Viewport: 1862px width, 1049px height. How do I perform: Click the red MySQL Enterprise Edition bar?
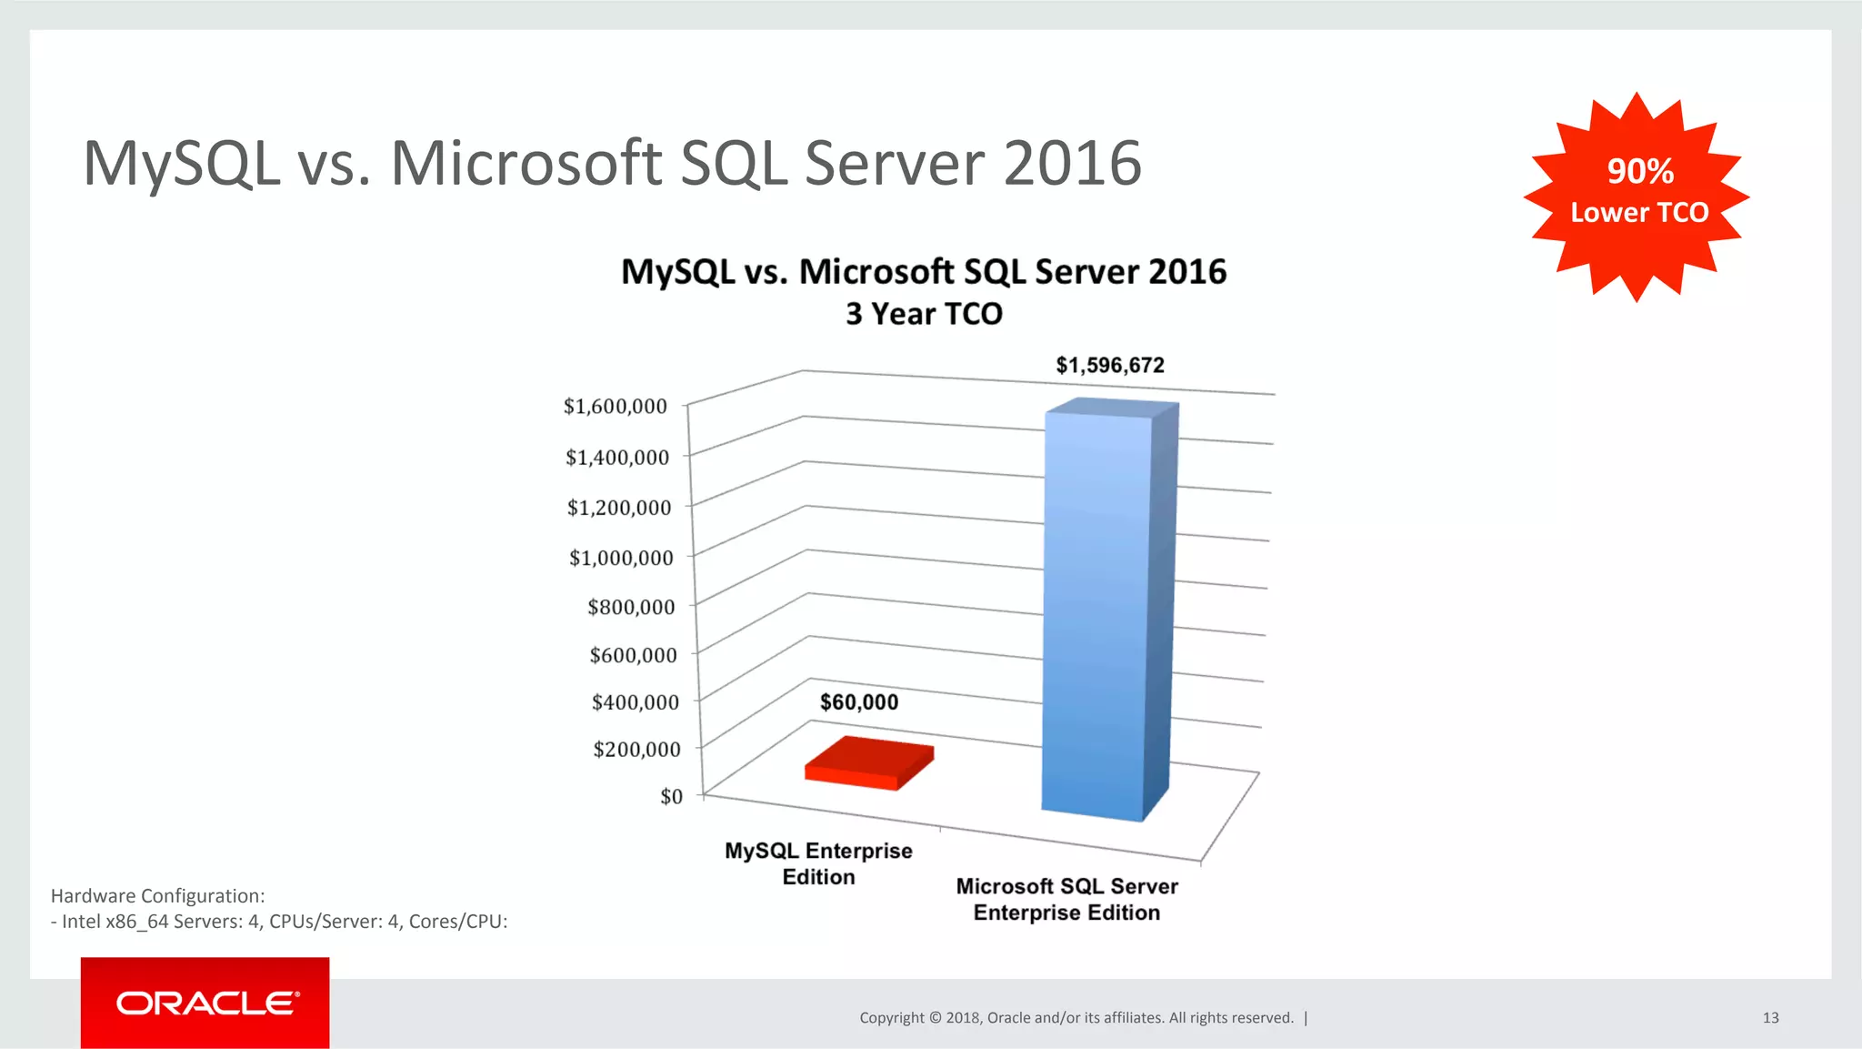[x=869, y=762]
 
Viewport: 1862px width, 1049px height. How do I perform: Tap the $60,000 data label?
[x=859, y=702]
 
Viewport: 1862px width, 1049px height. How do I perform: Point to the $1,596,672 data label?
[x=1110, y=366]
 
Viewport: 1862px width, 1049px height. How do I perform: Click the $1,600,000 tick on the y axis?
[x=616, y=407]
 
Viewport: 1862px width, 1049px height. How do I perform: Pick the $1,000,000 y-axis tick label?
[x=621, y=558]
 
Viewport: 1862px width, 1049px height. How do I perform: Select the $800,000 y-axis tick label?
[x=631, y=607]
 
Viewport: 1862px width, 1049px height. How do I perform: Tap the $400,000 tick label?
[x=635, y=702]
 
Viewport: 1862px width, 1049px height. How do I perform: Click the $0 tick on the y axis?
[x=671, y=797]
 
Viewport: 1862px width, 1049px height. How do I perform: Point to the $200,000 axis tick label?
[x=636, y=750]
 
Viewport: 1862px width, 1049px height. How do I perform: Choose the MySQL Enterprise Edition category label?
[x=818, y=863]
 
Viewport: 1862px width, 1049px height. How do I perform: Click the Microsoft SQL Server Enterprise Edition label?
[x=1066, y=899]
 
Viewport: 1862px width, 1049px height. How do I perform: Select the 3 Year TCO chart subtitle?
[x=924, y=314]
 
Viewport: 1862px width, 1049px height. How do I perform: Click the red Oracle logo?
[x=205, y=1003]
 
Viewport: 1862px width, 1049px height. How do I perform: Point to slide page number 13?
[x=1770, y=1018]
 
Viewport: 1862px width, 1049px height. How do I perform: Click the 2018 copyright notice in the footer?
[x=1076, y=1018]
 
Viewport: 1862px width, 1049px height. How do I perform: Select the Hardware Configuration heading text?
[x=158, y=896]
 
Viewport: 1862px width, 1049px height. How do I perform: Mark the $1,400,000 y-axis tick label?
[x=617, y=458]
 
